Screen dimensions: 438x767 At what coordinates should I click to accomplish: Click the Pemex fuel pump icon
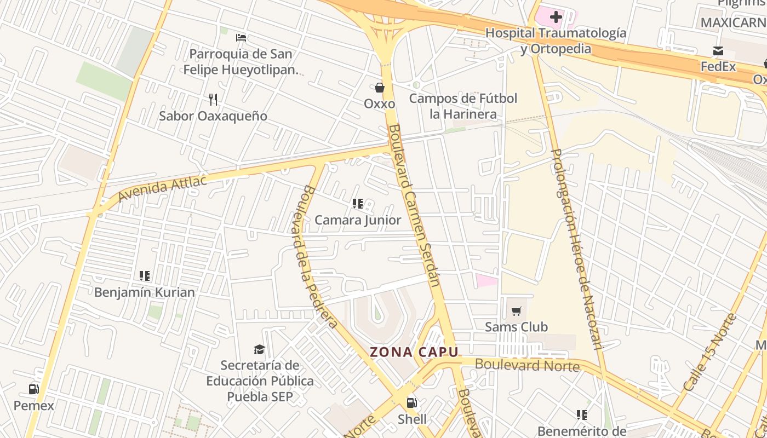[33, 389]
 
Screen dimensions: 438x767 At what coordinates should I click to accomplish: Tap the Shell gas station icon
[411, 404]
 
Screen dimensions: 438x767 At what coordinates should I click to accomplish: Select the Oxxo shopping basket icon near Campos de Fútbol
[379, 88]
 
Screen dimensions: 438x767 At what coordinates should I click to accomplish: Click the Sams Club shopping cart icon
[516, 312]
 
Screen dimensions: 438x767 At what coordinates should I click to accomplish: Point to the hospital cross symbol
[556, 17]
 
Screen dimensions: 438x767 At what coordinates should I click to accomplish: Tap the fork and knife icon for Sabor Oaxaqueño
[213, 100]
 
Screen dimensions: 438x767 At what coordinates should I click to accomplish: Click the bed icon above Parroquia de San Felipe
[241, 38]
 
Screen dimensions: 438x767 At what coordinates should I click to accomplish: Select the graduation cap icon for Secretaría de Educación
[259, 349]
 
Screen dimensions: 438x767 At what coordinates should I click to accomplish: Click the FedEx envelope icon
[718, 51]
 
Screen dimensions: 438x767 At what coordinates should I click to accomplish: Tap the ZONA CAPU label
[414, 352]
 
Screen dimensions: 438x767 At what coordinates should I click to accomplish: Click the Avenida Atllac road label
[162, 188]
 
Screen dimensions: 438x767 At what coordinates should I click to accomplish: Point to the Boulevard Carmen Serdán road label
[414, 205]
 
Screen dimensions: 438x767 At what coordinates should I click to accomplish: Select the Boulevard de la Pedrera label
[319, 256]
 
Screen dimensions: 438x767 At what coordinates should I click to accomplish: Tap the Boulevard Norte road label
[526, 365]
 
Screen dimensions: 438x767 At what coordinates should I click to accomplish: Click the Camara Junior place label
[358, 220]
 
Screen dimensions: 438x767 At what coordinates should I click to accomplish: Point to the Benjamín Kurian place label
[144, 292]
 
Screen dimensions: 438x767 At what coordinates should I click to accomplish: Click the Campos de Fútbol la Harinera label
[463, 106]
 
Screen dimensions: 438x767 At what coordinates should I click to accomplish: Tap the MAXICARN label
[733, 23]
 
